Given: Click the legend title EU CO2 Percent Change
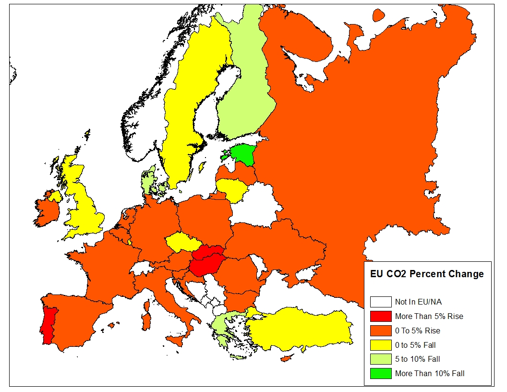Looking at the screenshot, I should coord(427,274).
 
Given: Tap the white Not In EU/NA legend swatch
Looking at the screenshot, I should coord(381,302).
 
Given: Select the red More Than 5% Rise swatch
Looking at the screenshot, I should coord(381,317).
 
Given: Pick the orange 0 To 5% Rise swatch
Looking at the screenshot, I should coord(381,331).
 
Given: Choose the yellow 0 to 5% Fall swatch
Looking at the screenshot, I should coord(381,345).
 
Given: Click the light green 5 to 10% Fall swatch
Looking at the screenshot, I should coord(381,359).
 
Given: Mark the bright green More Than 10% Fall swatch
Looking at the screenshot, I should coord(381,373).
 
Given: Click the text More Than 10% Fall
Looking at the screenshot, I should coord(430,373).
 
